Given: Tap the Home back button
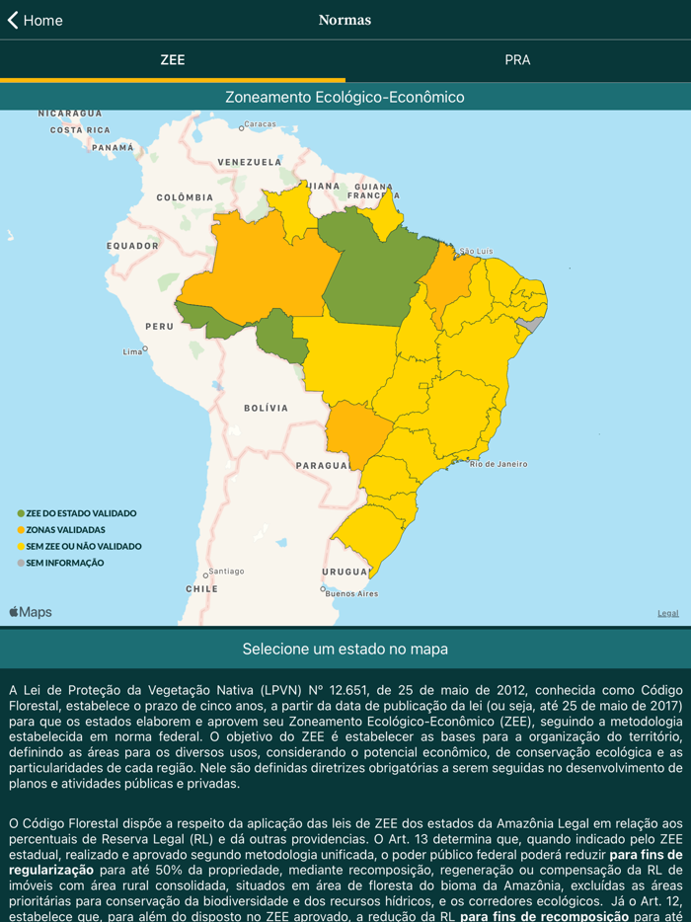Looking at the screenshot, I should point(36,20).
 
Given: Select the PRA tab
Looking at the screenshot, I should point(517,60).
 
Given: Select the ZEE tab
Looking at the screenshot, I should point(173,60).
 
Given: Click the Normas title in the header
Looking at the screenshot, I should point(345,20).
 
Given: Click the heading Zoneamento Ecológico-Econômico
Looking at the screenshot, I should point(345,97).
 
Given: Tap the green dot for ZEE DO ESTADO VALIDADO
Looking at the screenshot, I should point(21,513).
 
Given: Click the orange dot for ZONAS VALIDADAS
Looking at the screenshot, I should point(21,530).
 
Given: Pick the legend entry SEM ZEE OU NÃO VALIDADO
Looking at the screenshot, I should point(83,546).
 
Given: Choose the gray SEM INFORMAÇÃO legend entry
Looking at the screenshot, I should point(64,563).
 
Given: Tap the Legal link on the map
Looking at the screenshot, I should point(668,613).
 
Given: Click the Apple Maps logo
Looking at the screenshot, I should point(31,612).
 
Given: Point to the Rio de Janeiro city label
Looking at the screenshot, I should point(499,464).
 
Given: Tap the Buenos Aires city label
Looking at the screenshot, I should point(351,593).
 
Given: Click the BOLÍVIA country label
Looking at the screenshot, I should point(266,408).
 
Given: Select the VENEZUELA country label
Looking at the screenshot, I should point(250,162).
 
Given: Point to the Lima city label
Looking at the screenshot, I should point(132,351).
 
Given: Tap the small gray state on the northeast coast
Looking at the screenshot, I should point(532,324).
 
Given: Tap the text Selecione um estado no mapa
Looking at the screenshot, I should point(345,649).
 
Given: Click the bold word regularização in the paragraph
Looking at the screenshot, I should point(51,870).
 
